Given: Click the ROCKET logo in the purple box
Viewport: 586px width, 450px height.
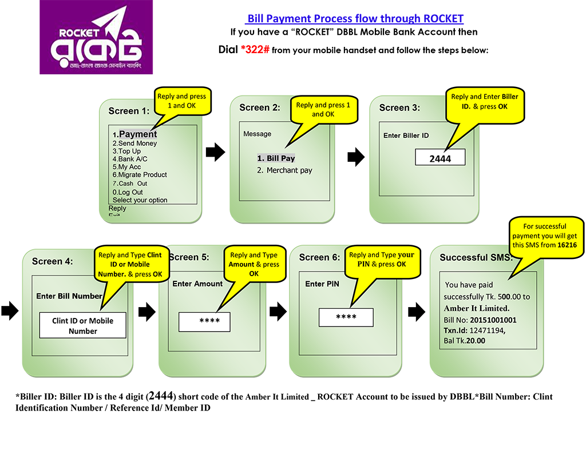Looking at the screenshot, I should pyautogui.click(x=96, y=38).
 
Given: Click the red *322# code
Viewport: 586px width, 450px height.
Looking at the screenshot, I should pyautogui.click(x=255, y=50).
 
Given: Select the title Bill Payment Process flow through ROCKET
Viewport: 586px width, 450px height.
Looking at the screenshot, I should pyautogui.click(x=355, y=19).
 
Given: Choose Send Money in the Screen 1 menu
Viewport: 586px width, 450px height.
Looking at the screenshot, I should pyautogui.click(x=137, y=144).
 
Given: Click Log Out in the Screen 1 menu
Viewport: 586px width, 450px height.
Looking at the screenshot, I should pyautogui.click(x=130, y=192).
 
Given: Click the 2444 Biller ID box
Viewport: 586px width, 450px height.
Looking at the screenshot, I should pyautogui.click(x=440, y=158).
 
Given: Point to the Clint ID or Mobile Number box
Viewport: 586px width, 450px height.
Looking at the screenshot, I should pyautogui.click(x=82, y=326).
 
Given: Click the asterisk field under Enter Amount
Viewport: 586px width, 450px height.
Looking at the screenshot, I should pyautogui.click(x=204, y=322).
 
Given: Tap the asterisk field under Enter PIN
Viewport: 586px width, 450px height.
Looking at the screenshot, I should pyautogui.click(x=346, y=318).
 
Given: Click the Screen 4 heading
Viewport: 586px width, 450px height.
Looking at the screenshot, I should pyautogui.click(x=52, y=261).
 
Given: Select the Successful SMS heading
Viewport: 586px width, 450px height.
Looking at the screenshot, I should pyautogui.click(x=475, y=258).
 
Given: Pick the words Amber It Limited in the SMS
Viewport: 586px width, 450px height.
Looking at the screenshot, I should pyautogui.click(x=476, y=309).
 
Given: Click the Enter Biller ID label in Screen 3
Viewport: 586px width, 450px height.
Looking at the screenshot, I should pyautogui.click(x=406, y=136).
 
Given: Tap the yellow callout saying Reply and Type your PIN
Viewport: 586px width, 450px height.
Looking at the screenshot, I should pyautogui.click(x=381, y=259).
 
